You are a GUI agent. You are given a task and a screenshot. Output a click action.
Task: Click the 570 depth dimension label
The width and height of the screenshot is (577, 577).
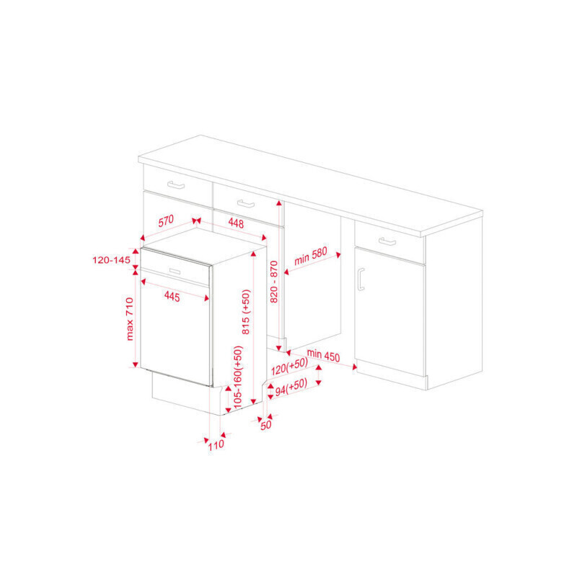[x=166, y=221]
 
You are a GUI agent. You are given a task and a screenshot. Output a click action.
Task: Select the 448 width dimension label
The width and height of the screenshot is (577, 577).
[x=236, y=223]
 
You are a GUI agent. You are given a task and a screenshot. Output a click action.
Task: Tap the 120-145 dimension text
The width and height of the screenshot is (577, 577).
[x=111, y=260]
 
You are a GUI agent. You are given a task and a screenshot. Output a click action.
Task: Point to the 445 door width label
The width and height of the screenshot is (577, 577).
[x=172, y=296]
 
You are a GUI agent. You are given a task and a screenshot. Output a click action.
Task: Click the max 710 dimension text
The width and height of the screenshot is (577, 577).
[x=130, y=319]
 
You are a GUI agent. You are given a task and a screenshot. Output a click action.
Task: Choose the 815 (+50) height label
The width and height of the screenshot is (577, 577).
[x=246, y=312]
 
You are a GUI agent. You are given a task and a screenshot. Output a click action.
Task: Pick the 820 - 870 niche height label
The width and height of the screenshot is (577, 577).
[x=274, y=281]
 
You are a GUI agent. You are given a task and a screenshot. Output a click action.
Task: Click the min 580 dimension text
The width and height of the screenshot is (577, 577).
[x=311, y=256]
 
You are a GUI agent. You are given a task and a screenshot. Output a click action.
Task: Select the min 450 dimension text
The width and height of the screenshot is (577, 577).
[x=323, y=355]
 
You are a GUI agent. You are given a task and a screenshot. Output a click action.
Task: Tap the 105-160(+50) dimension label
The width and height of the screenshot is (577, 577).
[x=238, y=376]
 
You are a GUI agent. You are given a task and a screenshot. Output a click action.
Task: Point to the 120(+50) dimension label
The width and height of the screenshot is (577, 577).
[x=289, y=366]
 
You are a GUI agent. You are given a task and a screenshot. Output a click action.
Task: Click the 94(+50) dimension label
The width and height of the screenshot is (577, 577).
[x=291, y=387]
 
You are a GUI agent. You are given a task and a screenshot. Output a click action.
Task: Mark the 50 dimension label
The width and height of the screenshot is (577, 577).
[x=265, y=425]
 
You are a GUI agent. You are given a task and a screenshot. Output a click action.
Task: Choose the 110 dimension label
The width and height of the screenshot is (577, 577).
[x=216, y=445]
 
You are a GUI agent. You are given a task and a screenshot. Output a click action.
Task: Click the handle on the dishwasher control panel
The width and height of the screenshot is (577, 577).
[x=175, y=272]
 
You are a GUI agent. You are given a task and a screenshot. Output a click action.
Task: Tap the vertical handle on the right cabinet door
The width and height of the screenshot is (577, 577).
[x=361, y=279]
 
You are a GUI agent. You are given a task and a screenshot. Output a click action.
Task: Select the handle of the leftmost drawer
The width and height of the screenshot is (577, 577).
[x=176, y=185]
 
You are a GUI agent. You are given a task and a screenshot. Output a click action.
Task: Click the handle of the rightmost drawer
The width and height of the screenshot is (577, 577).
[x=387, y=242]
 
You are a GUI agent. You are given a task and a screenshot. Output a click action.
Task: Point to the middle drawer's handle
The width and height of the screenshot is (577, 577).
[x=246, y=203]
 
